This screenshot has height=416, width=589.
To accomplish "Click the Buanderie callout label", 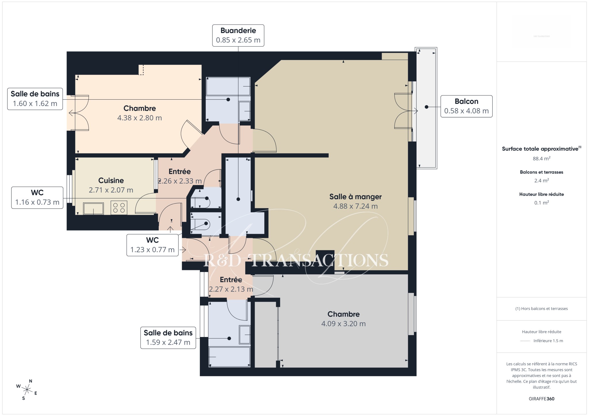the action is [x=238, y=35].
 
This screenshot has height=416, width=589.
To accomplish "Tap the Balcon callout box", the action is [x=466, y=106].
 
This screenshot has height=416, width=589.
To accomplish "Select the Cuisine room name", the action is [x=111, y=180].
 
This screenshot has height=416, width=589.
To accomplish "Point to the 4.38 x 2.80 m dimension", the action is [x=139, y=118].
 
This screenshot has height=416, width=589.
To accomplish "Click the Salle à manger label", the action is [x=355, y=197].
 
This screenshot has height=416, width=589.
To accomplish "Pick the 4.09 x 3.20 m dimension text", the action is [x=343, y=324].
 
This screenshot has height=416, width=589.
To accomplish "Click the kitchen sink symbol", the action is [x=93, y=209].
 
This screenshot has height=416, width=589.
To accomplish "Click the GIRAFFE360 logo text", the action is [x=542, y=399].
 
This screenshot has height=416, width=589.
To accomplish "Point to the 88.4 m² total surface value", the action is [x=542, y=158].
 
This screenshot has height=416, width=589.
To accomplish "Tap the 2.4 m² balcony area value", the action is [x=542, y=180].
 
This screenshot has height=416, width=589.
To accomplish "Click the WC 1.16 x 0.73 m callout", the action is [x=37, y=198].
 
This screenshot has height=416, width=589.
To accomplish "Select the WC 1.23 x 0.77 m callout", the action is [x=152, y=245].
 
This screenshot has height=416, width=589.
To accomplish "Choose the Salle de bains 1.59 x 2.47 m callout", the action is [x=168, y=338].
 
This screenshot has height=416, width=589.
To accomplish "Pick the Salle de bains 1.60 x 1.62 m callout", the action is [x=35, y=99].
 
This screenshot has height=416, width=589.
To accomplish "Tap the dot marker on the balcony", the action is [x=427, y=107].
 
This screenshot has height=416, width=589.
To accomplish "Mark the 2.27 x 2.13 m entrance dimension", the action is [x=231, y=289].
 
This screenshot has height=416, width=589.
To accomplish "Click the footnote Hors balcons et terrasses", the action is [x=542, y=309].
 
